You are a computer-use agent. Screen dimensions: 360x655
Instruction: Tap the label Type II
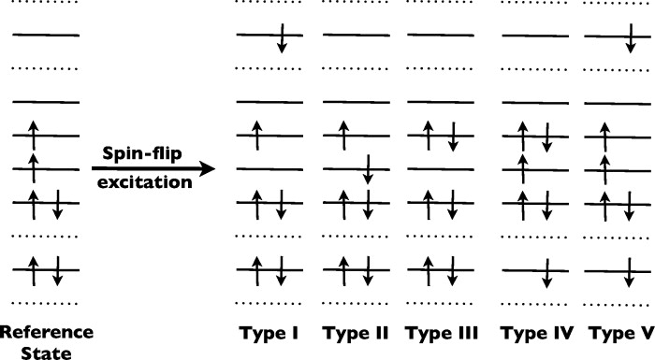353,333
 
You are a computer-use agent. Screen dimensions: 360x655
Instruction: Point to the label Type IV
533,333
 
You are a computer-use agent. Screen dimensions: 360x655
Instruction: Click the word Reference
46,333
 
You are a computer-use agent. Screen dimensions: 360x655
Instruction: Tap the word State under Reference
46,353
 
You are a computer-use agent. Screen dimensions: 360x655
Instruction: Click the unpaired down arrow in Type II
368,169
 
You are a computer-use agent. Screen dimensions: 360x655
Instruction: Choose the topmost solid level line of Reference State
46,36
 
